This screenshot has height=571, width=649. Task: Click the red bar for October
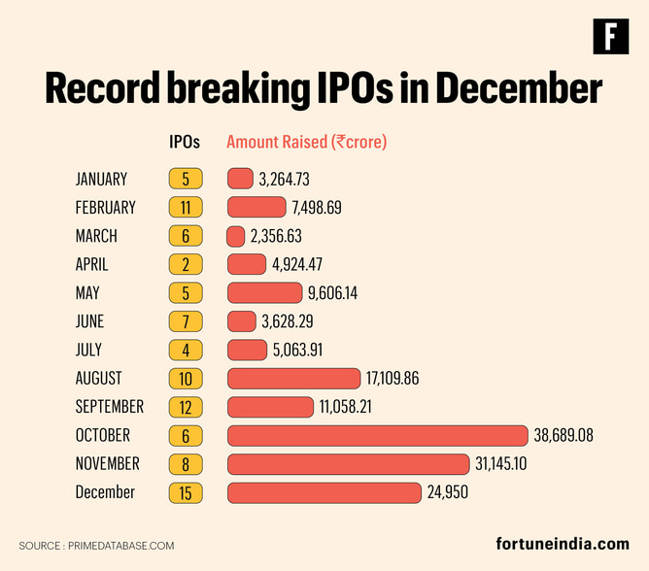(x=377, y=435)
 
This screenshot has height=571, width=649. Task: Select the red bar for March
(x=236, y=236)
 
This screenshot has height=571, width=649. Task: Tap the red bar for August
(x=293, y=378)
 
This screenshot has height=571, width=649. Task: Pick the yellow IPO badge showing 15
(x=185, y=492)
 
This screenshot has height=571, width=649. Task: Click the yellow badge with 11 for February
(x=185, y=207)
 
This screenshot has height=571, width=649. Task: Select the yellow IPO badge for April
(x=185, y=264)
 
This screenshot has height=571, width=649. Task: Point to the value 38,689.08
(x=564, y=435)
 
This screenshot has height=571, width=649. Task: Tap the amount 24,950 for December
(x=448, y=492)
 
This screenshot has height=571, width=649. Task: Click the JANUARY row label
(x=101, y=179)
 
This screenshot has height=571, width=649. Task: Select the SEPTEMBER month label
(x=109, y=407)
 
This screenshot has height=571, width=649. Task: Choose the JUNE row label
(x=89, y=321)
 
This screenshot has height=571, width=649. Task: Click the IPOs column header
(x=185, y=142)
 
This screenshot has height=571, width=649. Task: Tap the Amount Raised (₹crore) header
(x=306, y=142)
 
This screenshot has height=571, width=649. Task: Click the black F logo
(x=610, y=36)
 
